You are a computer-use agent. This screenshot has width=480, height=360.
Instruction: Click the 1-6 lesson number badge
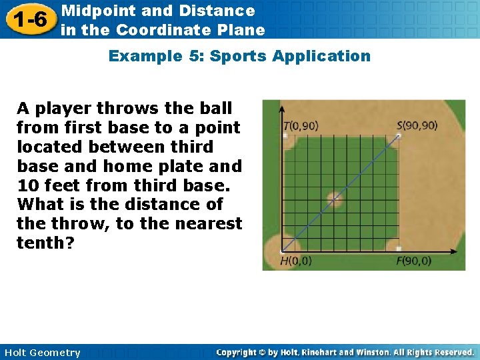coord(28,19)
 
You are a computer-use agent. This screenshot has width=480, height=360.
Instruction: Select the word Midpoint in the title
coord(93,11)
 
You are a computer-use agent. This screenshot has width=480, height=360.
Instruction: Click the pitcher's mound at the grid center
coord(335,197)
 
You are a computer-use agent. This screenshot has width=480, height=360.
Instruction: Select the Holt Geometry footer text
coord(41,353)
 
